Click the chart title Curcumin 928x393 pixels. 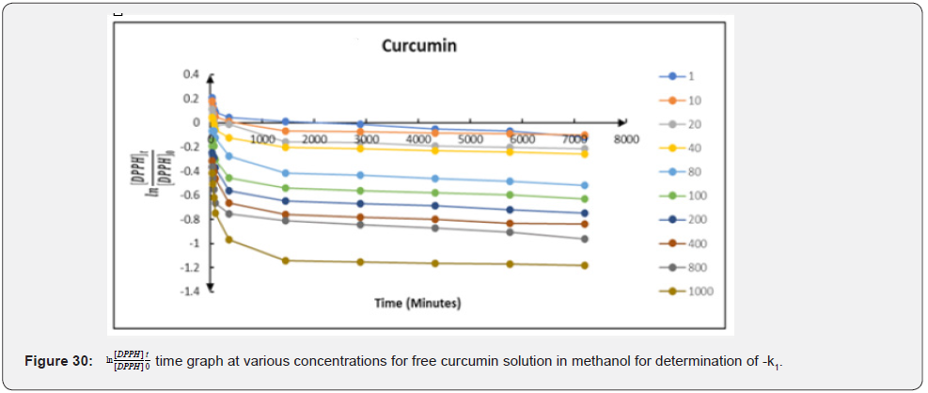(x=418, y=45)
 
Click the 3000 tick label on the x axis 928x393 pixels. (x=366, y=139)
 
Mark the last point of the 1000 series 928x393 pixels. (x=584, y=265)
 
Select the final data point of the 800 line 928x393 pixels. (x=584, y=239)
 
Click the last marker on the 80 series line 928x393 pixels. (x=584, y=185)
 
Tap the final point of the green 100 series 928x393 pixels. (x=584, y=198)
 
